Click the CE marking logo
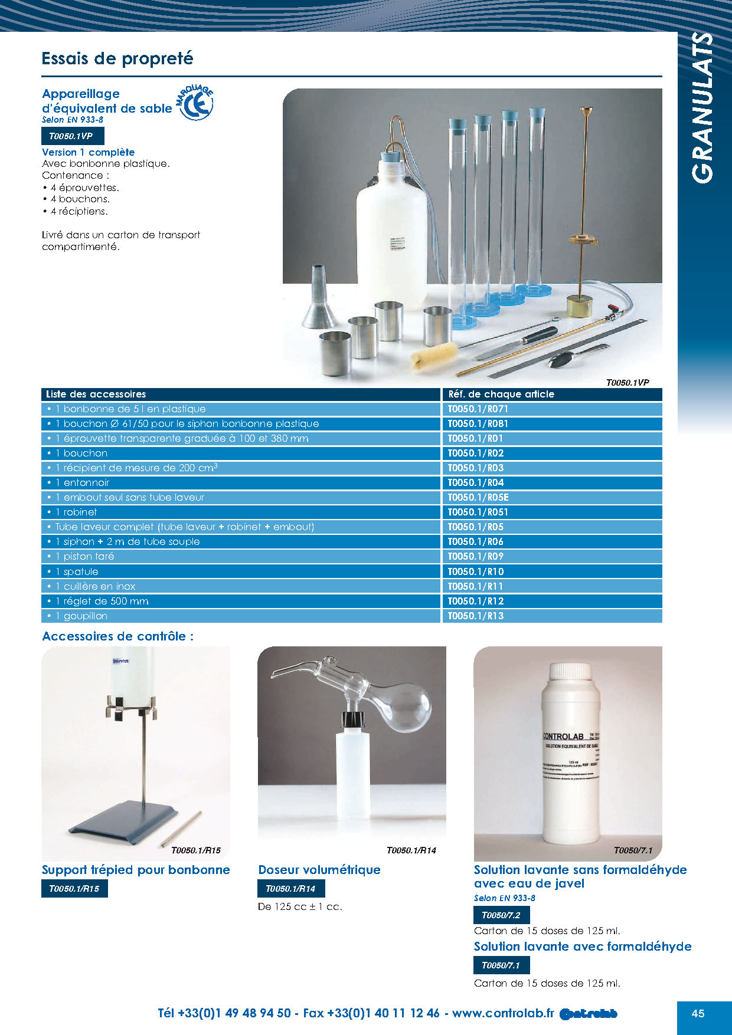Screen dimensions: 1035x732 pos(195,104)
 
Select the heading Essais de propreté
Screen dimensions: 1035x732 pos(117,58)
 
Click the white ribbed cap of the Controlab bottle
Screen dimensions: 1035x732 pos(570,672)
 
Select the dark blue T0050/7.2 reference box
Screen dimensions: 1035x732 pos(501,915)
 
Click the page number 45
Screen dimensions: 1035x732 pos(698,1013)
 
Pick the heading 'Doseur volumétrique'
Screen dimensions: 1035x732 pos(319,869)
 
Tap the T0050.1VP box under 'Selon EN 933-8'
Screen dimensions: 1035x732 pos(72,136)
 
